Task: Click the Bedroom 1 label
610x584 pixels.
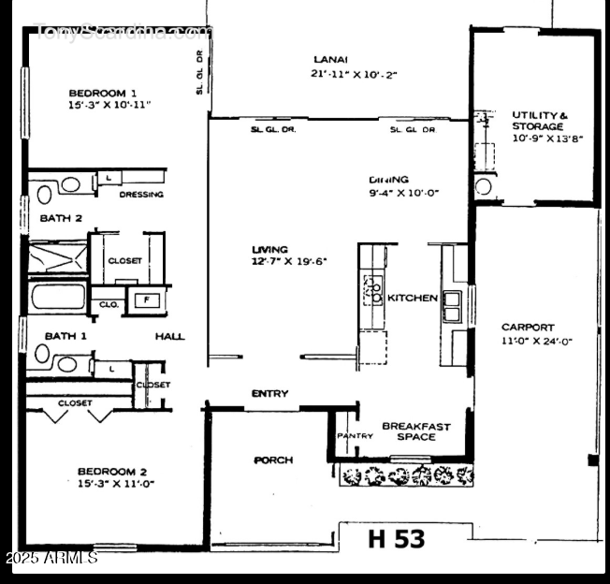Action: click(x=103, y=93)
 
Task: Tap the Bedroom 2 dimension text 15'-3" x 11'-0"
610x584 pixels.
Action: click(x=115, y=484)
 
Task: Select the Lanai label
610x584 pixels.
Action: click(x=326, y=61)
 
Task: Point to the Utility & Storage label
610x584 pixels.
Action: click(x=538, y=121)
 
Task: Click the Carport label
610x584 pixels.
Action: click(x=528, y=328)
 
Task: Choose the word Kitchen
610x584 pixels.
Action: click(x=413, y=298)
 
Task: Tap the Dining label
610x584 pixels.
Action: click(x=389, y=180)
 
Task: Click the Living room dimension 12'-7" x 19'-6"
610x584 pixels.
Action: click(x=288, y=262)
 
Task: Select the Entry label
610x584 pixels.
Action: click(x=269, y=394)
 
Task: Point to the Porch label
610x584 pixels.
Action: click(x=273, y=460)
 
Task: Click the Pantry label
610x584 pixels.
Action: click(x=355, y=436)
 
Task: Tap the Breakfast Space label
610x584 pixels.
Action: click(x=415, y=431)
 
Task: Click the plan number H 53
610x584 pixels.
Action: click(x=396, y=539)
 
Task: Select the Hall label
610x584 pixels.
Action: click(x=169, y=337)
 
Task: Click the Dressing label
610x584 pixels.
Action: click(x=141, y=195)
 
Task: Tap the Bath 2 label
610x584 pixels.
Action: click(x=61, y=218)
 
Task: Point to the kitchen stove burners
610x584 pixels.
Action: click(x=372, y=289)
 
